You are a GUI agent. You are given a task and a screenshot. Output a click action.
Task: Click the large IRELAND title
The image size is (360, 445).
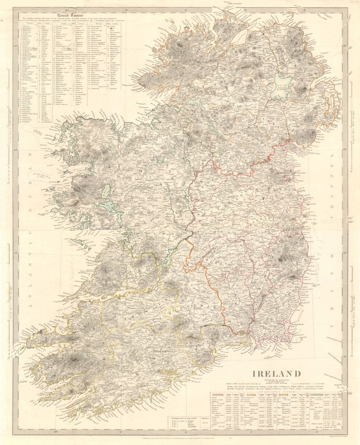pos(277,373)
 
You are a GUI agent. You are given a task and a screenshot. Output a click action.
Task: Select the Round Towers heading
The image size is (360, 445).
pos(70,16)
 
